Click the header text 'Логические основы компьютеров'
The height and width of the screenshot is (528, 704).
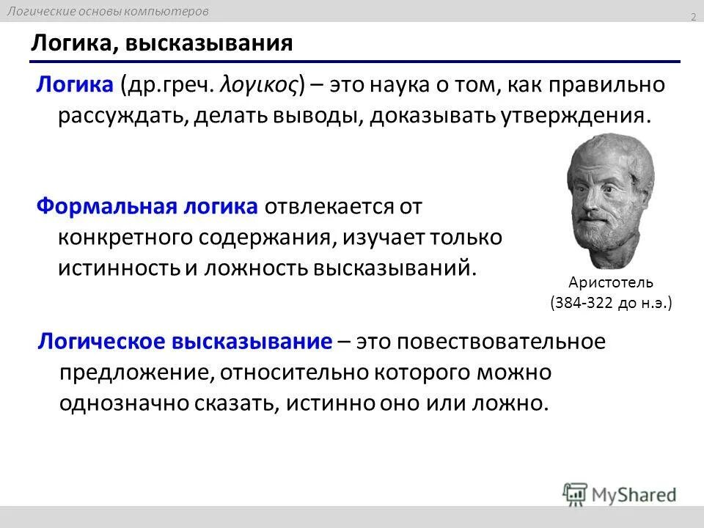[x=109, y=11]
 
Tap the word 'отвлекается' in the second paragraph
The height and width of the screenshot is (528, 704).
[x=328, y=207]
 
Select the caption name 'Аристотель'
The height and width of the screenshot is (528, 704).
[x=610, y=282]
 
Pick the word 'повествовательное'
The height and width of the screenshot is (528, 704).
[x=481, y=342]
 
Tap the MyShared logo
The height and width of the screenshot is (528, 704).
[x=620, y=494]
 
